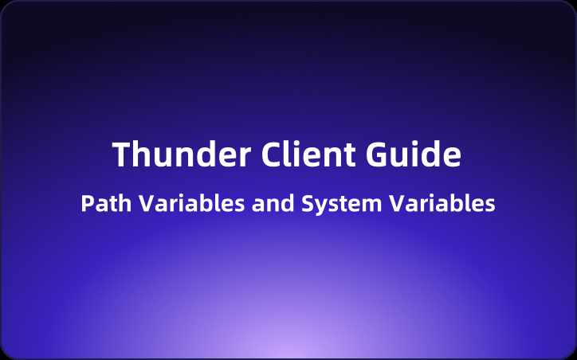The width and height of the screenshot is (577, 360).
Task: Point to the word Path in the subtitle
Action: pyautogui.click(x=107, y=204)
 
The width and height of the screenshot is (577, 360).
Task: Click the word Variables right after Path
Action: pyautogui.click(x=191, y=204)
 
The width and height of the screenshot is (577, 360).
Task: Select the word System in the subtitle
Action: pyautogui.click(x=341, y=204)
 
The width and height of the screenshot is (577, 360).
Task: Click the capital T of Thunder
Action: pyautogui.click(x=122, y=155)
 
